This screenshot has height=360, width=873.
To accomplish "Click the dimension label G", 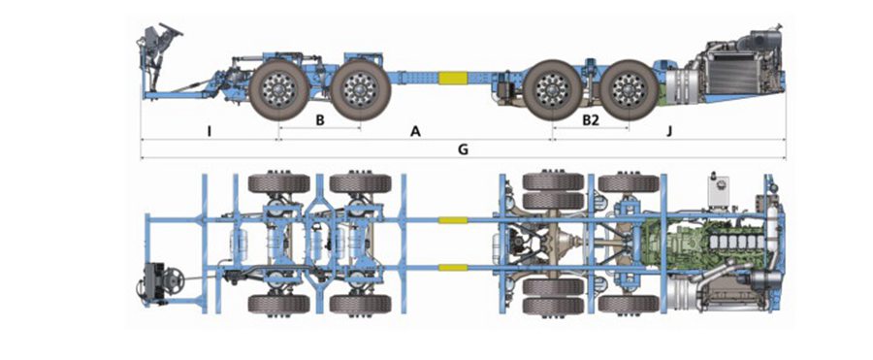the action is tap(463, 149).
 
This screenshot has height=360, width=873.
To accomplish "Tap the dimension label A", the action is tap(415, 132).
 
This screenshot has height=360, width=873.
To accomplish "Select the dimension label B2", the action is tap(591, 119).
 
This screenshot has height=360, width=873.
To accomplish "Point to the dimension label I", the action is tap(209, 132).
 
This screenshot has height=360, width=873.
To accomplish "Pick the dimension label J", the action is tap(669, 132).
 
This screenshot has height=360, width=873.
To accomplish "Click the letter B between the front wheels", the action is tap(320, 119).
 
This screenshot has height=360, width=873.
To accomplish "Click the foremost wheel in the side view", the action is tap(278, 89).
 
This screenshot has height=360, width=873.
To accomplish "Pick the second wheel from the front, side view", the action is tap(361, 89).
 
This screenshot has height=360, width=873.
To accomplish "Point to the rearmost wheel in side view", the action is tap(630, 89).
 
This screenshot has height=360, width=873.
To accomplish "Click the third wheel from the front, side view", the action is tap(553, 89).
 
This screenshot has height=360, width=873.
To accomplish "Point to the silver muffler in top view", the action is tap(687, 294).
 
